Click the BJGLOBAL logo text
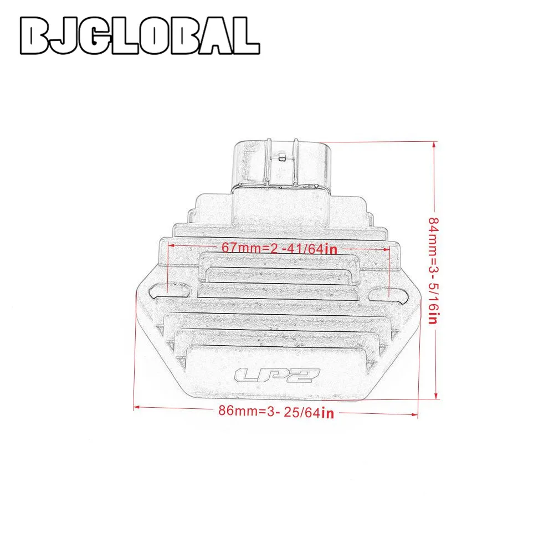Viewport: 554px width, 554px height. point(140,35)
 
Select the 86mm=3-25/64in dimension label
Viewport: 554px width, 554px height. point(276,411)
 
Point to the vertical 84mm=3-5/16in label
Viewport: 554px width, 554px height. point(433,270)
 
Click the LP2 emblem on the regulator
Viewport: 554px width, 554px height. point(277,375)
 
